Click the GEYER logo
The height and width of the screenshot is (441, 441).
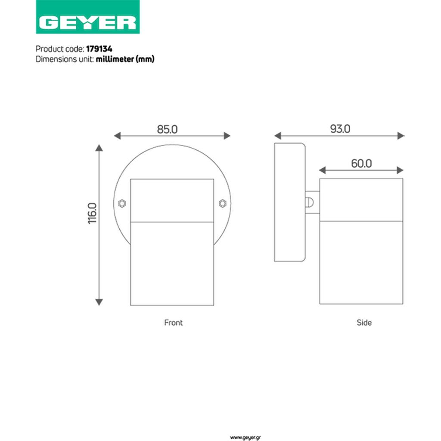point(87,17)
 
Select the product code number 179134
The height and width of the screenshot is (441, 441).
point(99,49)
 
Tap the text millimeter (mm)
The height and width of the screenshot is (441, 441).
point(125,59)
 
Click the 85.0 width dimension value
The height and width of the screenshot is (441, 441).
point(167,129)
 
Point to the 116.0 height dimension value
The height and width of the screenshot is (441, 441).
point(92,213)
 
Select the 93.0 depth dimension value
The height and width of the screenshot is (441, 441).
point(340,129)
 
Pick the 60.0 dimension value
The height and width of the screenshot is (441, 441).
point(361,163)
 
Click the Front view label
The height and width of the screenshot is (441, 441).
point(173,323)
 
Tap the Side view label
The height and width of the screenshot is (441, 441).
point(364,323)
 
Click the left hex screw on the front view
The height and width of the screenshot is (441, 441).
point(122,203)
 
